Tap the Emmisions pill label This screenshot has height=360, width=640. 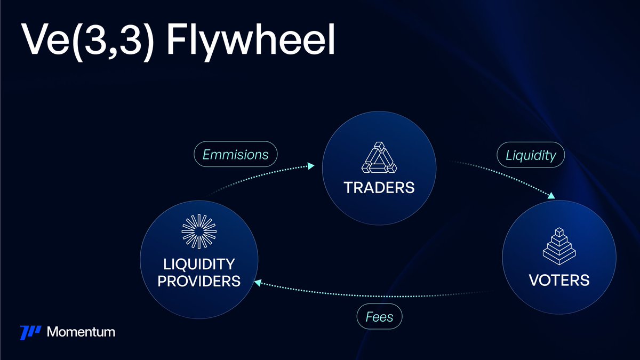click(x=235, y=155)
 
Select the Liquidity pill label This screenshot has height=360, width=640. click(x=530, y=155)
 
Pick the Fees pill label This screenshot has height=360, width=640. click(x=379, y=317)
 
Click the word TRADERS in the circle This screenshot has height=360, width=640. click(x=379, y=187)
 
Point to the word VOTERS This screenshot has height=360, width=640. click(x=559, y=279)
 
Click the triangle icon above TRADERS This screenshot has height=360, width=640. click(x=379, y=159)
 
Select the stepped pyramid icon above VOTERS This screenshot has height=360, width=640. click(x=559, y=245)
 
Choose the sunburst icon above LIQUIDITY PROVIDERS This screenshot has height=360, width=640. click(x=198, y=233)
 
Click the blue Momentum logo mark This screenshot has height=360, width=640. click(x=30, y=332)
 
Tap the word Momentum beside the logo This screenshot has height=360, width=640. click(x=81, y=332)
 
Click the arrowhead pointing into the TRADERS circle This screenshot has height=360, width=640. click(x=311, y=166)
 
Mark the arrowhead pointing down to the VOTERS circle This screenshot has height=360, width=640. click(x=551, y=197)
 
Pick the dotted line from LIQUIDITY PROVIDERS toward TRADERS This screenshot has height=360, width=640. click(x=256, y=176)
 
